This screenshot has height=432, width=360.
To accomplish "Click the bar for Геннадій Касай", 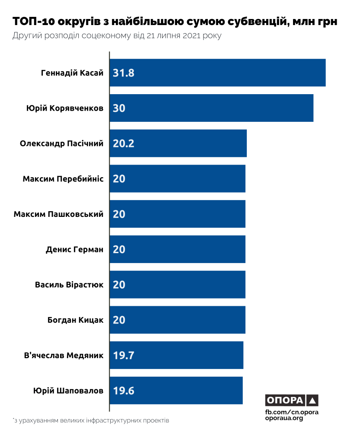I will point(217,73).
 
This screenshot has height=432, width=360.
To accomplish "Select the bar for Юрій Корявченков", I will point(211,108).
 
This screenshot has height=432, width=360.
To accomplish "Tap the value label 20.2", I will point(124,143).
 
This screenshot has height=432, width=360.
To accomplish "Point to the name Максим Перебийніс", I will point(63,178).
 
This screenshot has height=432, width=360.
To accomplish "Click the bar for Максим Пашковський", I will point(177,214).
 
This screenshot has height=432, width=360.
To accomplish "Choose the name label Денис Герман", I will point(75,249).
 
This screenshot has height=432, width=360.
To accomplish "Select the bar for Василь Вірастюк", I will point(177,285).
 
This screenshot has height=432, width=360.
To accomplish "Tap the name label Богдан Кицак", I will point(76,320).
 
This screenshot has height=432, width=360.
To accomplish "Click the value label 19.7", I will point(124,356).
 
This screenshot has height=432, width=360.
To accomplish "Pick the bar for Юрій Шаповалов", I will point(176,391).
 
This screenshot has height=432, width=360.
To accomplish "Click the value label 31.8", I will point(124,73).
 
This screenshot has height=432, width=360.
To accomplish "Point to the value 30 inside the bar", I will point(119,108).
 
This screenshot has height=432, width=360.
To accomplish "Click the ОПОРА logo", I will point(292,400).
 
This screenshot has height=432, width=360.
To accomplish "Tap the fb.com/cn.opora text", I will point(292,412).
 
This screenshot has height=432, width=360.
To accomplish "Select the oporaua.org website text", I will point(284,419).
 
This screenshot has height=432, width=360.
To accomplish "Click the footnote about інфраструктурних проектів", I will point(91,420).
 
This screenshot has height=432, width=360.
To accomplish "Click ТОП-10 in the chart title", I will point(34,22).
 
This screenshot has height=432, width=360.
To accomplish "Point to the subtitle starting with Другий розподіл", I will point(117,36).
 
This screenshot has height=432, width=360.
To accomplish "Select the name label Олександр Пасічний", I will point(62,143).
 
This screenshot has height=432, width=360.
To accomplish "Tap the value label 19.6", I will point(124,391).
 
